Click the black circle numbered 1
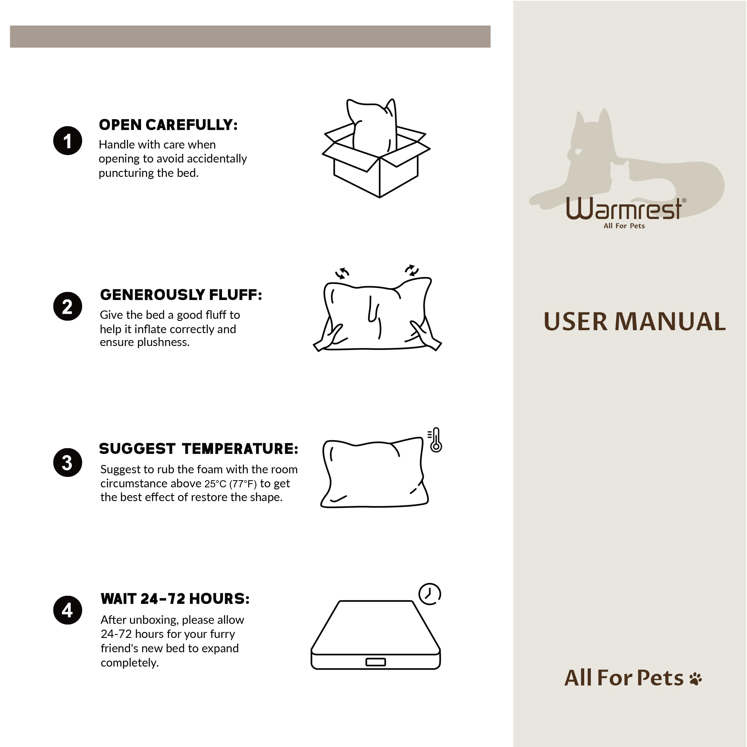tap(68, 141)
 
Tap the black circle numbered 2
tap(68, 306)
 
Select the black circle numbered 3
tap(68, 463)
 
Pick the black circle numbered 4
tap(68, 610)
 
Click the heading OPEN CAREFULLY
tap(168, 125)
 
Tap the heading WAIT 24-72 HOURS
tap(175, 598)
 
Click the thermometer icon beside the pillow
tap(435, 440)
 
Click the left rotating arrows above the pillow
tap(342, 273)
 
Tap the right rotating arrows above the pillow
tap(412, 270)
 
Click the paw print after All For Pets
tap(696, 679)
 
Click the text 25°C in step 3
tap(215, 484)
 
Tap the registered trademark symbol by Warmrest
tap(684, 200)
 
